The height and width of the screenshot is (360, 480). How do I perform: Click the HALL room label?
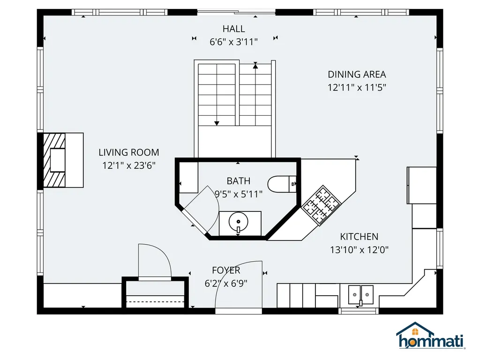pyautogui.click(x=233, y=29)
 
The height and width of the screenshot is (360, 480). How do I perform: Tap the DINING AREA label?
pyautogui.click(x=357, y=74)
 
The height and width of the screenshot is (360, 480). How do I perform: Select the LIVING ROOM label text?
pyautogui.click(x=128, y=152)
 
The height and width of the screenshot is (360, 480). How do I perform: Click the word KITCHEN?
pyautogui.click(x=359, y=237)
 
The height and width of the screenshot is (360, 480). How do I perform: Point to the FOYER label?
pyautogui.click(x=226, y=270)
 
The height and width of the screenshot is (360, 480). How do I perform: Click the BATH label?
pyautogui.click(x=238, y=181)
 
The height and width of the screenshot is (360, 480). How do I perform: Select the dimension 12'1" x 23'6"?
pyautogui.click(x=128, y=165)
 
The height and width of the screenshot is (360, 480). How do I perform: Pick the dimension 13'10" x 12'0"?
pyautogui.click(x=359, y=250)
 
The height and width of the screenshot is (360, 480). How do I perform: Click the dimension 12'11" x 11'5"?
pyautogui.click(x=357, y=87)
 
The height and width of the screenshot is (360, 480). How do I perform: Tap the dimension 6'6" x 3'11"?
pyautogui.click(x=233, y=42)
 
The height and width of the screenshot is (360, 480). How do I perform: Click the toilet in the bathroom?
pyautogui.click(x=282, y=184)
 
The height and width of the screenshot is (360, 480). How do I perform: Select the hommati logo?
pyautogui.click(x=430, y=337)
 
